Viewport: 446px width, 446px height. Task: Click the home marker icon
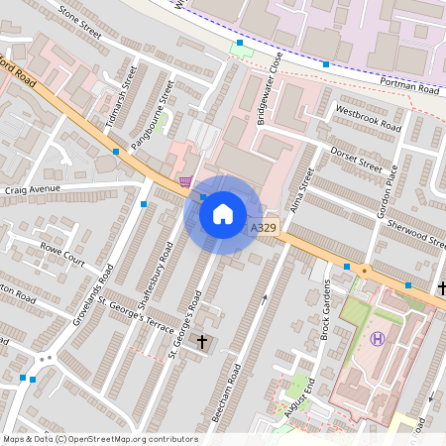(x=223, y=213)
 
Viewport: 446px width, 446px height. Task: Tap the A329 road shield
(x=263, y=228)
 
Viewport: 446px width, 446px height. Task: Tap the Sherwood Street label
(x=417, y=234)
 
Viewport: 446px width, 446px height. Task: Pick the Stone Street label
(x=80, y=21)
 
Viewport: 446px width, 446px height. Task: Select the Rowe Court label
(x=61, y=255)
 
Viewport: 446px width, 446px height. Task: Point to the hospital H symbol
(x=377, y=339)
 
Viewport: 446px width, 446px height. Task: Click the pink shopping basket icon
(x=185, y=180)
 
